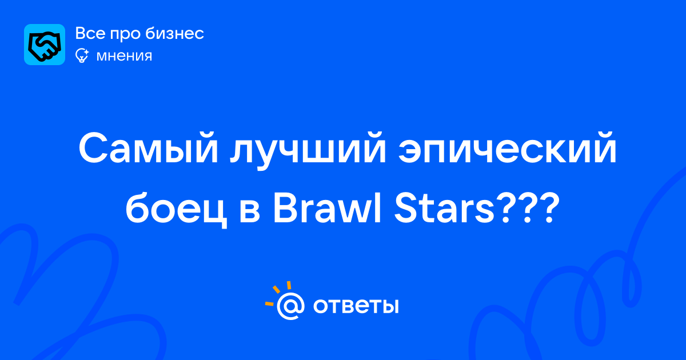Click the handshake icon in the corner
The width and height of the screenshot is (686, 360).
45,45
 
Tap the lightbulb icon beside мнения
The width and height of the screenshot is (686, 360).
82,56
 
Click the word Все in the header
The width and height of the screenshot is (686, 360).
90,33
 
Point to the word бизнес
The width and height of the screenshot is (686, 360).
174,33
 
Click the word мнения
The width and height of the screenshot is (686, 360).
125,56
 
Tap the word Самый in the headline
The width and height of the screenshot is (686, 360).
149,148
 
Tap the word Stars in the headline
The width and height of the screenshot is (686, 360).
445,209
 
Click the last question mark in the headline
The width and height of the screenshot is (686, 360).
544,209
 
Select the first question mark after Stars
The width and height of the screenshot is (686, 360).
506,209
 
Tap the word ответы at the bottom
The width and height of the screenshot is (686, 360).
356,305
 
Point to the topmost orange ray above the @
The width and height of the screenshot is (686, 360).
289,285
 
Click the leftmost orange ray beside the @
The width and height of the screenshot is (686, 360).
269,303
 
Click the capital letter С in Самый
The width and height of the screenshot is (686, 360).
92,148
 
